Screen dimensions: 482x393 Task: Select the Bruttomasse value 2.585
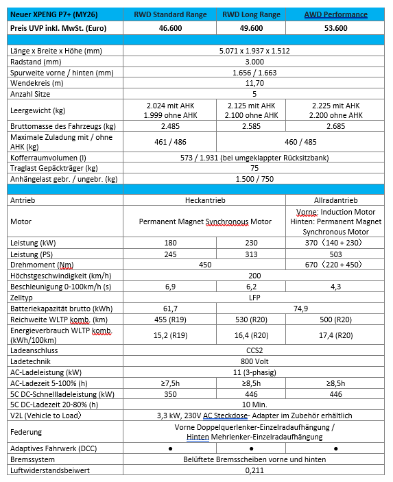(254, 127)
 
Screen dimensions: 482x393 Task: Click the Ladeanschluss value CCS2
(254, 349)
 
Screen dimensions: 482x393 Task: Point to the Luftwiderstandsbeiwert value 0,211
(254, 470)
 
